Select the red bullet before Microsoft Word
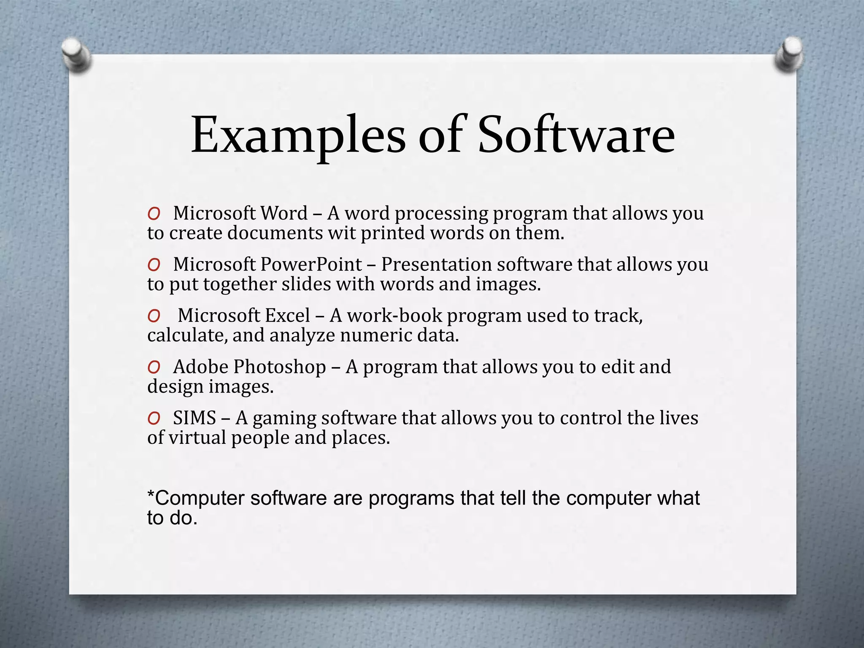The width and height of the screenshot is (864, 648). pyautogui.click(x=154, y=214)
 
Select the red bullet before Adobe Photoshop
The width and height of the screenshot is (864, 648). pyautogui.click(x=154, y=367)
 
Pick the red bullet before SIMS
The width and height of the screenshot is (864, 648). pyautogui.click(x=154, y=418)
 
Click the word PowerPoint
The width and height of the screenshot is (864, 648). pyautogui.click(x=311, y=265)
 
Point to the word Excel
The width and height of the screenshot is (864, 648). pyautogui.click(x=286, y=316)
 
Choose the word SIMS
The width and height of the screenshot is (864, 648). pyautogui.click(x=194, y=418)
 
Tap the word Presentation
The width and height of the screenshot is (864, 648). pyautogui.click(x=436, y=265)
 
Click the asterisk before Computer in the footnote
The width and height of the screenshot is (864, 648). pyautogui.click(x=150, y=494)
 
